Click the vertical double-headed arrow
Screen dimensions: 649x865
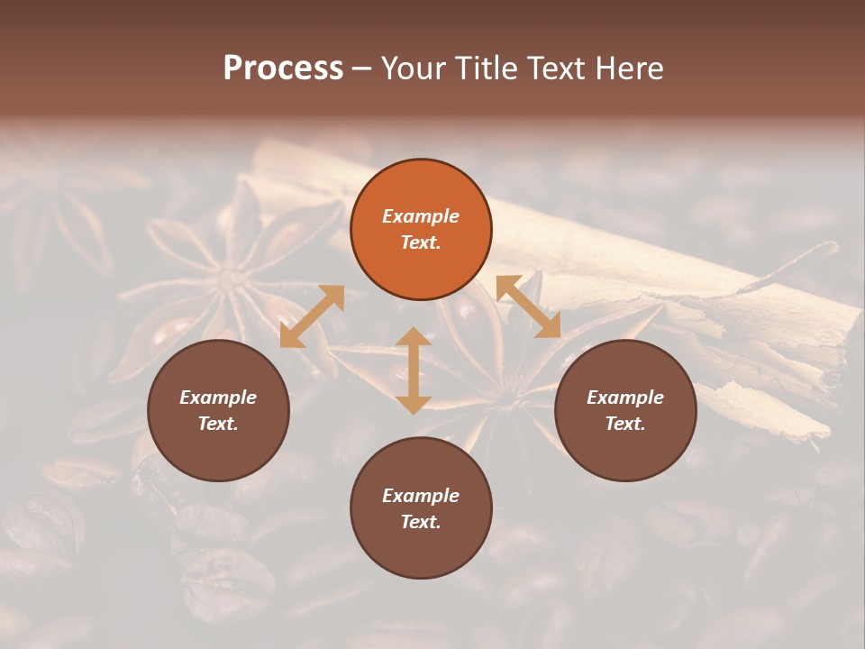click(x=413, y=370)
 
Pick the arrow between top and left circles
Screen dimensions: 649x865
click(x=312, y=316)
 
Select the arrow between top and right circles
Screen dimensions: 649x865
click(x=528, y=306)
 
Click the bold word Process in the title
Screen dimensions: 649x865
click(x=283, y=69)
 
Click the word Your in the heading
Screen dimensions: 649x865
click(x=410, y=69)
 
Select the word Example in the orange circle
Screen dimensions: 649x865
click(x=421, y=216)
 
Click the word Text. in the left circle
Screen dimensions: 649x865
click(x=218, y=424)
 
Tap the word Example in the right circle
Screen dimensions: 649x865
click(x=624, y=398)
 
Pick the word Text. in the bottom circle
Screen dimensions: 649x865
click(x=421, y=522)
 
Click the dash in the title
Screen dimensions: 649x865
click(x=362, y=69)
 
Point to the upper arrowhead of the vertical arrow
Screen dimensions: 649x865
click(x=413, y=338)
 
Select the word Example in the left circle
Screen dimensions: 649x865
click(x=218, y=398)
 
